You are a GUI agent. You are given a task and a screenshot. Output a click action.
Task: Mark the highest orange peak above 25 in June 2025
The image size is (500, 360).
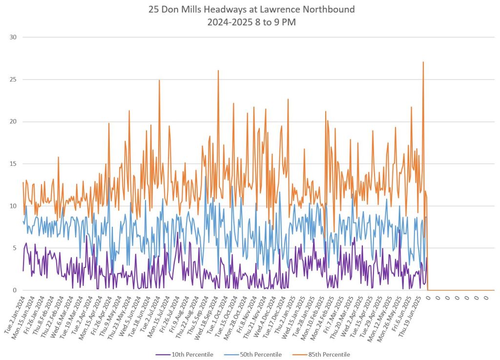coord(423,62)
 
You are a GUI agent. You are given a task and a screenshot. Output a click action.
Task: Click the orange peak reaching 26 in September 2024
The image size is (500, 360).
coord(218,71)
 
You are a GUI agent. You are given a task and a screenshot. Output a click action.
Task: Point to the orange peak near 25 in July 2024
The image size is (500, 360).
coord(159,80)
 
